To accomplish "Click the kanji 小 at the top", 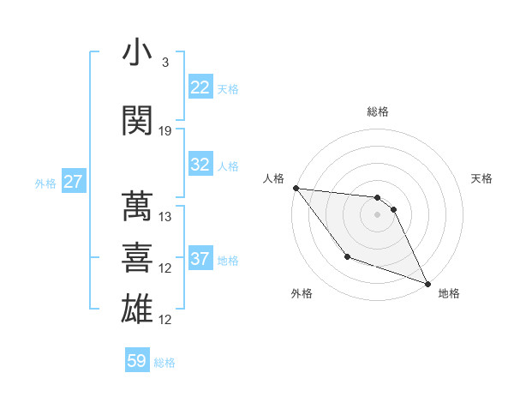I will pyautogui.click(x=137, y=53).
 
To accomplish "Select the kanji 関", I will pyautogui.click(x=137, y=121).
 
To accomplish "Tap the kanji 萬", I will pyautogui.click(x=137, y=207).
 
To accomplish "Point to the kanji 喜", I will pyautogui.click(x=137, y=258).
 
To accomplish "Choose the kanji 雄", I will pyautogui.click(x=137, y=309).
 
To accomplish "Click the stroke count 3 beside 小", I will pyautogui.click(x=164, y=63).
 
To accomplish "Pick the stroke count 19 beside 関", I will pyautogui.click(x=165, y=130).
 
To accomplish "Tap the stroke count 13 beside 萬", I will pyautogui.click(x=165, y=216).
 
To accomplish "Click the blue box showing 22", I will pyautogui.click(x=200, y=87).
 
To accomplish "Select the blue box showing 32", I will pyautogui.click(x=200, y=165).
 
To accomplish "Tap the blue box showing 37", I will pyautogui.click(x=200, y=259).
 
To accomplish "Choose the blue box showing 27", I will pyautogui.click(x=73, y=182).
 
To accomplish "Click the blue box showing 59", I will pyautogui.click(x=137, y=362).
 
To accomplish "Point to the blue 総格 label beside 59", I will pyautogui.click(x=164, y=363).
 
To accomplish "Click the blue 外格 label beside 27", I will pyautogui.click(x=45, y=183).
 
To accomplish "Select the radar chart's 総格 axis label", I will pyautogui.click(x=378, y=111).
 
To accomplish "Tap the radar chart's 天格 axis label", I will pyautogui.click(x=482, y=178).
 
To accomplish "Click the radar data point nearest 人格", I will pyautogui.click(x=296, y=188).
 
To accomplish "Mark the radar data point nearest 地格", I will pyautogui.click(x=427, y=283).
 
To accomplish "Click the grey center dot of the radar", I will pyautogui.click(x=378, y=214).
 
